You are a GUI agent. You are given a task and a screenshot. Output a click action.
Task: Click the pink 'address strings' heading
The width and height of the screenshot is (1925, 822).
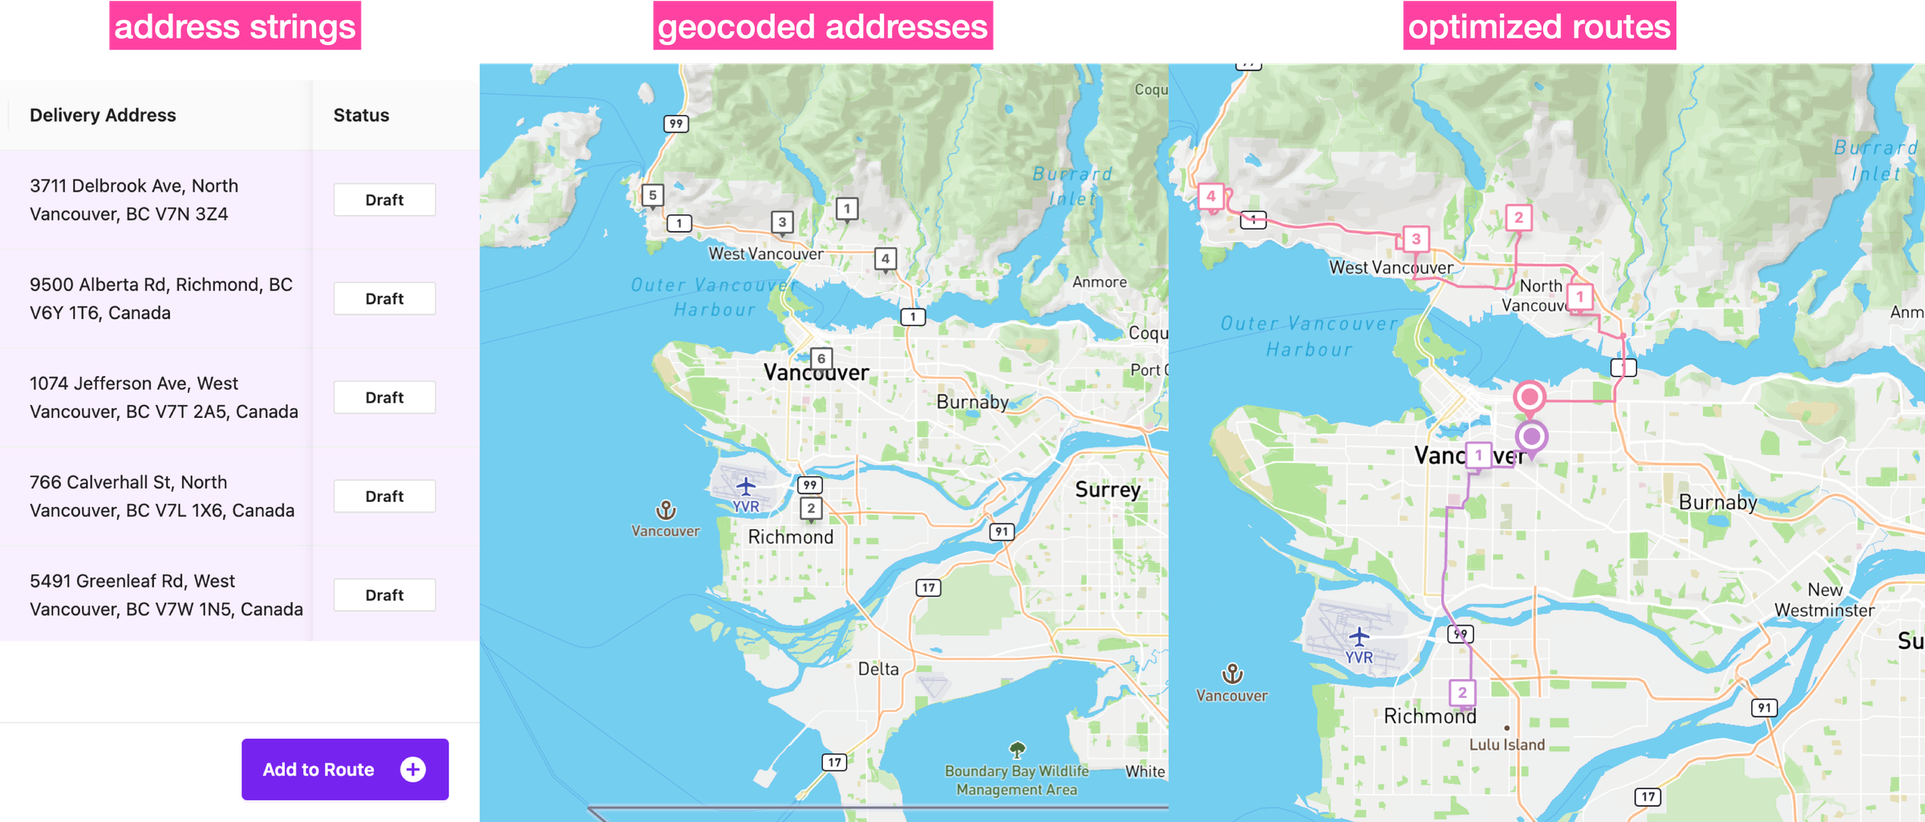(x=235, y=26)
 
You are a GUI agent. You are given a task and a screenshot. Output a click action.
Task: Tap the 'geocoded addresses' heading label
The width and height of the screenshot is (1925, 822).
(x=822, y=26)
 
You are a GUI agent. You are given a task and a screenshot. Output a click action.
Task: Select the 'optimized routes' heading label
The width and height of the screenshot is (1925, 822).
(x=1539, y=26)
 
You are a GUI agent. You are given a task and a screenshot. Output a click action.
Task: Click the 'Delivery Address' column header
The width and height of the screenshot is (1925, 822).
(x=103, y=115)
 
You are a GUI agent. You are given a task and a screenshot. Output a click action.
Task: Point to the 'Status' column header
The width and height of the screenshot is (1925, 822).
(x=361, y=115)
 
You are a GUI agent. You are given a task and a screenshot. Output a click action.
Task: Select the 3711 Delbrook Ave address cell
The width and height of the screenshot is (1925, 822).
(x=134, y=200)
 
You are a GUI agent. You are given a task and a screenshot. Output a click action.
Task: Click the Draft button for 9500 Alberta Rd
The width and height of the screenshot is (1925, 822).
(x=384, y=298)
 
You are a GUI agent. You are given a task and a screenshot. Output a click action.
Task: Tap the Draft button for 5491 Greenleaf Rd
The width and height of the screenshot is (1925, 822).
(x=384, y=595)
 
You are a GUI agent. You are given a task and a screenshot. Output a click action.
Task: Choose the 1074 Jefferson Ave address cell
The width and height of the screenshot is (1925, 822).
(x=163, y=397)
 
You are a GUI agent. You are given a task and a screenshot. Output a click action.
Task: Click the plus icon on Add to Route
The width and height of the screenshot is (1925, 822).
(x=413, y=769)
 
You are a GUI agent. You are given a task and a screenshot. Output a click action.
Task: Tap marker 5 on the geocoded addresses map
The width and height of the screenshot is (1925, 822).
(x=653, y=195)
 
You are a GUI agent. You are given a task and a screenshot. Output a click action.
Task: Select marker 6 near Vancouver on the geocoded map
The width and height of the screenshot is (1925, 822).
(x=821, y=358)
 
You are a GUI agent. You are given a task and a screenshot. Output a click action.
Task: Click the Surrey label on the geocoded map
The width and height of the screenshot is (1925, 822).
(x=1107, y=489)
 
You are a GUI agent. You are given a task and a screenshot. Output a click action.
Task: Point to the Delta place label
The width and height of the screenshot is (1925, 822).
(x=878, y=669)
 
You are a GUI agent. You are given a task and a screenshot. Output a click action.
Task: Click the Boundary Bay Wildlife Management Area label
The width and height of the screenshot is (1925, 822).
(x=1016, y=779)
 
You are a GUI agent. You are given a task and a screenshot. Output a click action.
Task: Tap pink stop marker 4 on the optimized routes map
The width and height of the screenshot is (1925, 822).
(x=1211, y=196)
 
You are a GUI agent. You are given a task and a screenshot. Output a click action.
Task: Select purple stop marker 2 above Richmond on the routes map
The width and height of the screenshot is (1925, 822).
(x=1462, y=693)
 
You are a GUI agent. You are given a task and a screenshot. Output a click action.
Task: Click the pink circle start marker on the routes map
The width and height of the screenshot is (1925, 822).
(x=1530, y=397)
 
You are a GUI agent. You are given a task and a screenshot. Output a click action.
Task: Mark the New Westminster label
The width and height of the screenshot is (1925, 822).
(x=1825, y=600)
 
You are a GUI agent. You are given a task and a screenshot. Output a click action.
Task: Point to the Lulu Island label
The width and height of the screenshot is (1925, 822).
(x=1507, y=744)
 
